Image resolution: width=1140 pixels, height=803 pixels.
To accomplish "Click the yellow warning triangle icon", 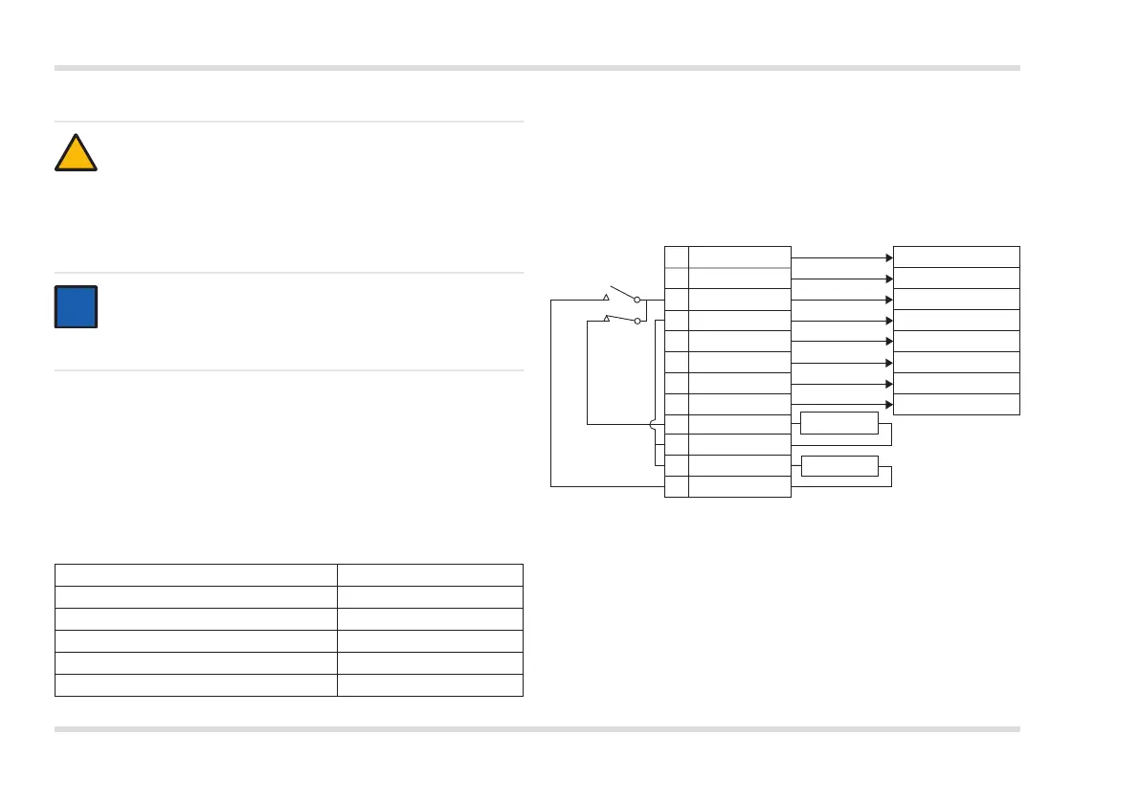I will point(76,154).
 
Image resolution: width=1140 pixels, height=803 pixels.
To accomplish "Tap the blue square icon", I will point(76,306).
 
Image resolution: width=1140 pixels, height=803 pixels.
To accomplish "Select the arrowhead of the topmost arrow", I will point(888,257).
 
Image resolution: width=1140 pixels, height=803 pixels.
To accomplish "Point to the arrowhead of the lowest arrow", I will point(888,405).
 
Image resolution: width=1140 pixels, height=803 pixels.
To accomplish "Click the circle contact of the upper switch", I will point(637,300).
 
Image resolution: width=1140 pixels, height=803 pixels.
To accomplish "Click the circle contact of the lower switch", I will point(637,321).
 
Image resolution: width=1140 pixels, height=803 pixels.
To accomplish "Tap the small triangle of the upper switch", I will point(606,284).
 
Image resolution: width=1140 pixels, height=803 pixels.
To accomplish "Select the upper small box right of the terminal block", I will point(838,423).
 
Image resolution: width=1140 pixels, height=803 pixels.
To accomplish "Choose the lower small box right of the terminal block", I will point(838,466).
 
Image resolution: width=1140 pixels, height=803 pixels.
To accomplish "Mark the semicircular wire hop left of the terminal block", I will point(652,425).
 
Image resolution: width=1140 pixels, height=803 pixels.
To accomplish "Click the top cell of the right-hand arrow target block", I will point(955,257).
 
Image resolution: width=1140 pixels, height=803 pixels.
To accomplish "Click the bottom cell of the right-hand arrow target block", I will point(955,404).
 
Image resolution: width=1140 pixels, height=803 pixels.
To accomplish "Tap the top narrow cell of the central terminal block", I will point(677,257).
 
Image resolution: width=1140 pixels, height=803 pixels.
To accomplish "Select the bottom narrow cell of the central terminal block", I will point(677,486).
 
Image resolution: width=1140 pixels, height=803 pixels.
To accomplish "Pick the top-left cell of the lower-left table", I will point(196,574).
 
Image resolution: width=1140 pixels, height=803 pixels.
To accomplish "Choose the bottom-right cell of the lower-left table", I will point(430,684).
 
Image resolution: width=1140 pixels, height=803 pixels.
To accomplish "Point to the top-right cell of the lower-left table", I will point(430,574).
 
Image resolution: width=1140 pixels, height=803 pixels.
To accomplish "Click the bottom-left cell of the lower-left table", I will point(196,684).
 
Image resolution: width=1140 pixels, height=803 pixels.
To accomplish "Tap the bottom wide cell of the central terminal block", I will point(739,486).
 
